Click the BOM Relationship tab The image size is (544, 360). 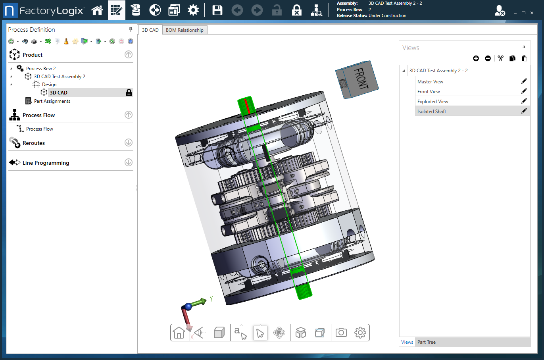pyautogui.click(x=185, y=30)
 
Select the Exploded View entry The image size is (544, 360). pyautogui.click(x=433, y=102)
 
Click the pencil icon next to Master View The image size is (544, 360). pyautogui.click(x=524, y=81)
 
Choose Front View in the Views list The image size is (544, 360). pyautogui.click(x=429, y=92)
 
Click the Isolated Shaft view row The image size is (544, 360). pyautogui.click(x=432, y=112)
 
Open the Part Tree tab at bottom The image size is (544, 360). pyautogui.click(x=426, y=342)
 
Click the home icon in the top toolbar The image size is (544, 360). pyautogui.click(x=97, y=10)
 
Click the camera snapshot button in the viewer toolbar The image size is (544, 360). pyautogui.click(x=341, y=333)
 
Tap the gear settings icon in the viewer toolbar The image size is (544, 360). pyautogui.click(x=360, y=333)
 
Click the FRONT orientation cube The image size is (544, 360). pyautogui.click(x=357, y=79)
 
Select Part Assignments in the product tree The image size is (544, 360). pyautogui.click(x=52, y=101)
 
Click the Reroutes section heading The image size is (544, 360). pyautogui.click(x=34, y=143)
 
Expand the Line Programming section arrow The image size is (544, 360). pyautogui.click(x=129, y=162)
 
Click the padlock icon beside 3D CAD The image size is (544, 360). pyautogui.click(x=129, y=92)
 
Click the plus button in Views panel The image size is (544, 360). pyautogui.click(x=476, y=58)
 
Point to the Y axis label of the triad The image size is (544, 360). pyautogui.click(x=211, y=299)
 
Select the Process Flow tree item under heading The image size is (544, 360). pyautogui.click(x=39, y=129)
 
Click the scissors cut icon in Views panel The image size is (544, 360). pyautogui.click(x=500, y=58)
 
